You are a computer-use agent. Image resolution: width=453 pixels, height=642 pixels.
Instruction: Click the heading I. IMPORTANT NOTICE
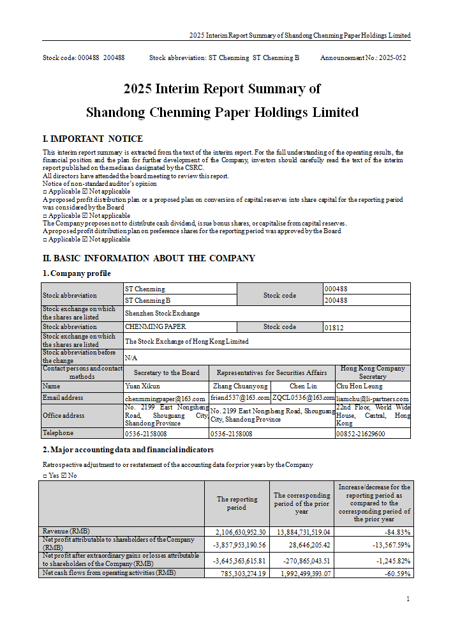[x=93, y=139]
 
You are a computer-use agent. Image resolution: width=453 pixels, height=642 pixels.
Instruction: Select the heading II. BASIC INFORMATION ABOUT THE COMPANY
[x=149, y=259]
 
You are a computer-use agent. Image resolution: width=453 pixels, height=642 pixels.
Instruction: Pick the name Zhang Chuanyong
[x=239, y=386]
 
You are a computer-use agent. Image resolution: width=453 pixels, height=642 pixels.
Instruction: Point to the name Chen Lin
[x=302, y=386]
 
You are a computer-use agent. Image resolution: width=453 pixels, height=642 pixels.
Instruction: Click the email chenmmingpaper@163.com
[x=165, y=399]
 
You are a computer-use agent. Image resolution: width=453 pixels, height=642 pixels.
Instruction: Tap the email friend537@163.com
[x=240, y=398]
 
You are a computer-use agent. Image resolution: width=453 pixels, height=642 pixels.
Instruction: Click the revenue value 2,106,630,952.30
[x=236, y=532]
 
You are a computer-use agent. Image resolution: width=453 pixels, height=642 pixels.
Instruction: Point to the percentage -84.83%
[x=397, y=532]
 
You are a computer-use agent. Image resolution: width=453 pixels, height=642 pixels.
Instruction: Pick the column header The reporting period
[x=237, y=503]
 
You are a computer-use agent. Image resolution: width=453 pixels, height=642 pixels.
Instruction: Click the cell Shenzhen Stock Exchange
[x=162, y=314]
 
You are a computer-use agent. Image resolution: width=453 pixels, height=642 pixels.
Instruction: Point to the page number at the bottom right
[x=408, y=599]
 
